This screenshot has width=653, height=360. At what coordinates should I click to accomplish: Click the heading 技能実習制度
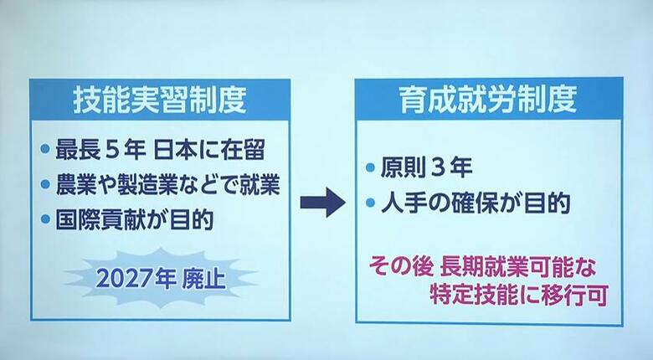160,100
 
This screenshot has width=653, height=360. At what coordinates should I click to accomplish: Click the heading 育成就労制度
489,100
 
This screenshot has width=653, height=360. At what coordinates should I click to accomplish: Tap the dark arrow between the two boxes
323,203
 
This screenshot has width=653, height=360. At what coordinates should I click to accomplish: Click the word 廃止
203,279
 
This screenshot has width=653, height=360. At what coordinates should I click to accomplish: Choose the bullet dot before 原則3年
370,167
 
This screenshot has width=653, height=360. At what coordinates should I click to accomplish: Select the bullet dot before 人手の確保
370,203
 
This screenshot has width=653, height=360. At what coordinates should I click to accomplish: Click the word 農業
76,184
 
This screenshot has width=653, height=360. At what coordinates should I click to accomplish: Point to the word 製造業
147,184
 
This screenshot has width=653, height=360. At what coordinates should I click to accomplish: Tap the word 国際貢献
96,220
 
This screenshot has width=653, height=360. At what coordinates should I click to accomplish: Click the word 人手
401,203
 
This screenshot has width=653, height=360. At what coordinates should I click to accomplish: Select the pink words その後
401,267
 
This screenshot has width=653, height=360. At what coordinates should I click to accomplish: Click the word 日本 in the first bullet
174,150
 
